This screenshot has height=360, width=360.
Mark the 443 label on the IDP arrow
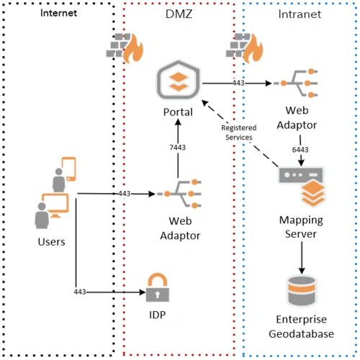pos(81,292)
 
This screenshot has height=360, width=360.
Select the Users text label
pos(51,241)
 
